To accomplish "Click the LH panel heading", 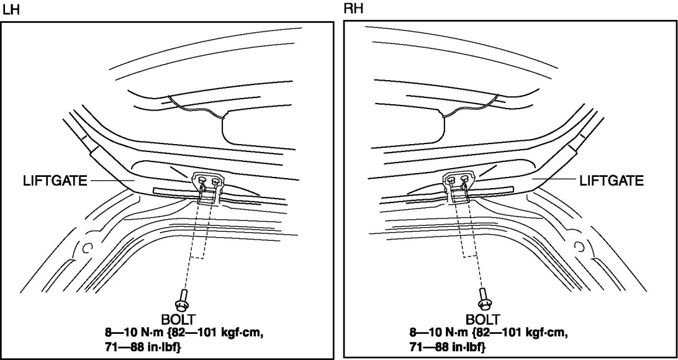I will pyautogui.click(x=9, y=10).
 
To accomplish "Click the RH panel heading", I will pyautogui.click(x=351, y=10).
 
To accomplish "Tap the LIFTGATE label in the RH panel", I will pyautogui.click(x=611, y=181).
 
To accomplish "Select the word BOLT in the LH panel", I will pyautogui.click(x=179, y=320).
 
